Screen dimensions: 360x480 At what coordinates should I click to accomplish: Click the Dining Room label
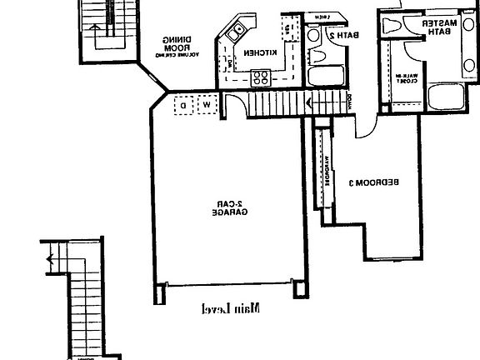178,46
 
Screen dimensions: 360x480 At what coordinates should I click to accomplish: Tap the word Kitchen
256,54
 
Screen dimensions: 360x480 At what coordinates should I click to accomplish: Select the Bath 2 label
325,36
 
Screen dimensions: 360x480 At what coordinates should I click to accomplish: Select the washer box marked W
204,105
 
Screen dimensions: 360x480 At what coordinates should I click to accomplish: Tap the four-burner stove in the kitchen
260,78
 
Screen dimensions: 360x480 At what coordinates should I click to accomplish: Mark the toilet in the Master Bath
395,25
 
